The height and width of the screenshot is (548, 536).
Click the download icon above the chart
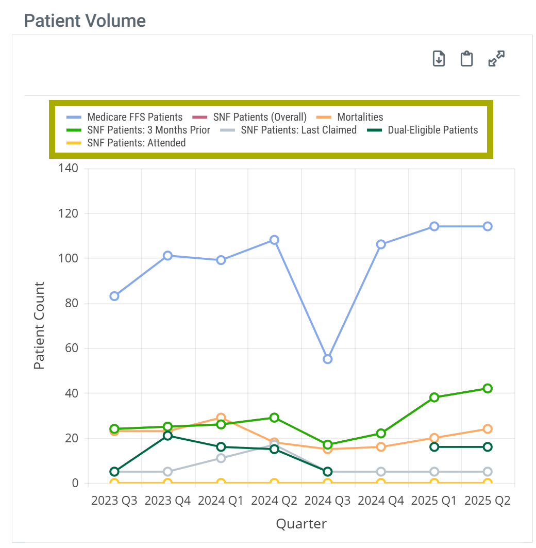point(439,59)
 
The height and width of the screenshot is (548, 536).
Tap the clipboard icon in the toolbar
point(467,59)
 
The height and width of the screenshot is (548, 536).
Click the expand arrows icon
point(496,59)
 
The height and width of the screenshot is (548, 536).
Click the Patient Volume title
point(85,21)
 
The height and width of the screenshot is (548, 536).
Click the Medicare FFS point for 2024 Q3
point(327,359)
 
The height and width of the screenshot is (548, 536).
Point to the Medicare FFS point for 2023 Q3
point(114,296)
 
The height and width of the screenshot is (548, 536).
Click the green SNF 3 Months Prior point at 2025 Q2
point(487,388)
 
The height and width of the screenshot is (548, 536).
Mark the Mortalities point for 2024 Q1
point(221,418)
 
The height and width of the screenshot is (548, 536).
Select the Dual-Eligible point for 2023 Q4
point(167,436)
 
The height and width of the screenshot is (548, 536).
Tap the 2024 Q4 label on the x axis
point(381,501)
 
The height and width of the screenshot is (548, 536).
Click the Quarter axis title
point(301,524)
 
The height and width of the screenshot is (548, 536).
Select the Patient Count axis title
point(39,325)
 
